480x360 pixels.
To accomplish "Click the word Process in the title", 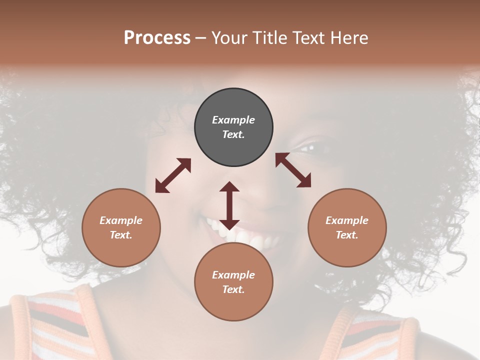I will (157, 38).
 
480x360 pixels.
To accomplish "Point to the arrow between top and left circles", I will (173, 175).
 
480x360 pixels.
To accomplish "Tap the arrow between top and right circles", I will (293, 170).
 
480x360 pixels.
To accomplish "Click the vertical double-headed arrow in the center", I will (229, 205).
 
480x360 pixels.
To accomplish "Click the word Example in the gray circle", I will (233, 120).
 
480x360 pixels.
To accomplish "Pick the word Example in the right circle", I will (347, 220).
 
